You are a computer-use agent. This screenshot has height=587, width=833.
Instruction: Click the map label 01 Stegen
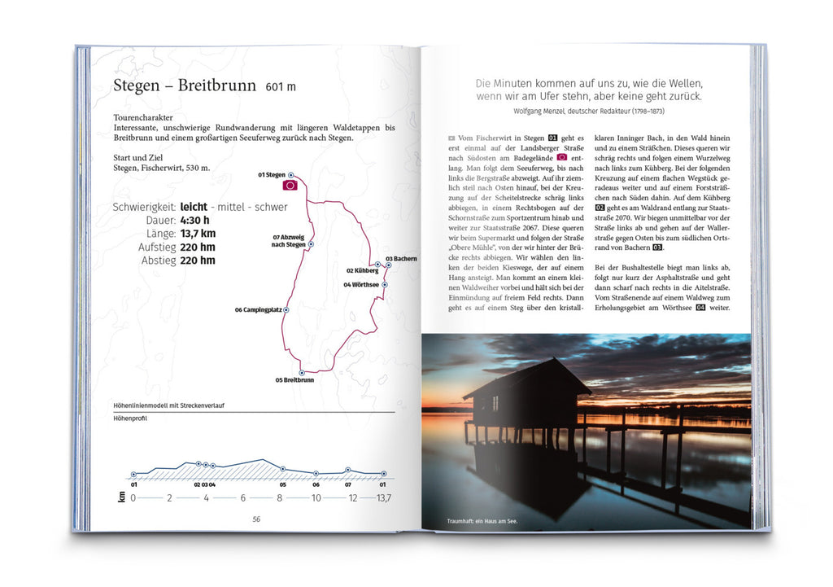coord(272,175)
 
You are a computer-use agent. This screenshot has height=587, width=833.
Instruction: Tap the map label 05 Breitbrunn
coord(294,380)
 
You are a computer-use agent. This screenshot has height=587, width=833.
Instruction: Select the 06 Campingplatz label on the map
coord(258,310)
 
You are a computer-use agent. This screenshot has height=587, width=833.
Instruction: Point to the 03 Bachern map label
coord(401,259)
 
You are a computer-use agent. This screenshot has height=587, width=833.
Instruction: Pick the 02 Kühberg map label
coord(362,270)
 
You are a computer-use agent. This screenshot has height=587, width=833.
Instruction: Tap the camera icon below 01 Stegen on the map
coord(290,186)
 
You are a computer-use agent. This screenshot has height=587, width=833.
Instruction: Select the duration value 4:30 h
coord(195,220)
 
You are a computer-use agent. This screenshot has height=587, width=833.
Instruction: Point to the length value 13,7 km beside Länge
coord(198,234)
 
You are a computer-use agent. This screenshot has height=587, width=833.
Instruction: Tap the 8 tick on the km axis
coord(280,498)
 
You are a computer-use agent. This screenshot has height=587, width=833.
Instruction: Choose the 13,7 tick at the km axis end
coord(381,498)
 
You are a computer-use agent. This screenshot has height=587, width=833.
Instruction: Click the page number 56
coord(255,519)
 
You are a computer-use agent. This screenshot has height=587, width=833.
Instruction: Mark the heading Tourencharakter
coord(143,117)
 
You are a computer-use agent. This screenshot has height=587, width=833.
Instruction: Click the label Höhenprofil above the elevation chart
coord(130,419)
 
